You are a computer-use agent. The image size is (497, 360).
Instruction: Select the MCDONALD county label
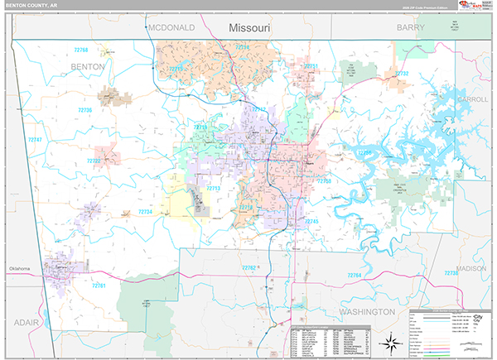(x=171, y=27)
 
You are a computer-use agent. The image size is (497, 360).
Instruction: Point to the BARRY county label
(x=410, y=27)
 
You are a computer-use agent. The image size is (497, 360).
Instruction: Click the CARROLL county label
(x=472, y=98)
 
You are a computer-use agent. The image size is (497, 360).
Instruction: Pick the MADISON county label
(x=470, y=268)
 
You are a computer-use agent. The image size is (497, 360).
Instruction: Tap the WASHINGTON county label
(x=366, y=312)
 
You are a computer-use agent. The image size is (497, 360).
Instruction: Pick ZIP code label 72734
(x=145, y=212)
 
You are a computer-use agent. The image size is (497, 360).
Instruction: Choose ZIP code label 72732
(x=401, y=73)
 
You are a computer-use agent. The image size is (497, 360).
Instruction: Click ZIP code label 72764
(x=355, y=274)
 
